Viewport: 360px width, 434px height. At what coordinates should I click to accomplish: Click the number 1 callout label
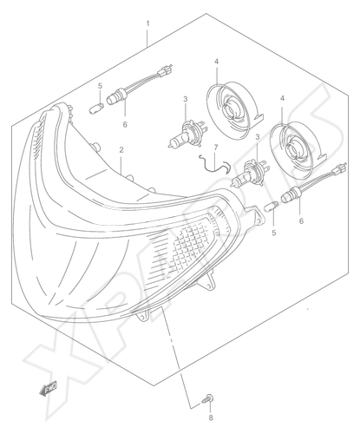[147, 23]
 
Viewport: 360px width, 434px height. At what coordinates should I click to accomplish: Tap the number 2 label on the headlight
[121, 150]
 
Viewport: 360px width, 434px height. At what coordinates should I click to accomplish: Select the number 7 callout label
[216, 148]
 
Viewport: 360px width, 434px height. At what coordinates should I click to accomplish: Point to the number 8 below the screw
[211, 418]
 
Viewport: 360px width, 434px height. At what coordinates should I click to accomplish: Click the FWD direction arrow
[48, 388]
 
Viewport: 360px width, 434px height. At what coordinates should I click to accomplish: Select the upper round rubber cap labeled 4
[234, 111]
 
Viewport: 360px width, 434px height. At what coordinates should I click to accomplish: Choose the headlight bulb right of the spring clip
[252, 174]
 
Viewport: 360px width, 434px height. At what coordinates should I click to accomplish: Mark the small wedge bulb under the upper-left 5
[96, 109]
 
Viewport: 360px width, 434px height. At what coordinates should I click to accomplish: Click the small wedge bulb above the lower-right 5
[272, 207]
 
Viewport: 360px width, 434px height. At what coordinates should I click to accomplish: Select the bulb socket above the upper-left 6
[116, 97]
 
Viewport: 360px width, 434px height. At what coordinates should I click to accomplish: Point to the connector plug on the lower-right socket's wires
[340, 168]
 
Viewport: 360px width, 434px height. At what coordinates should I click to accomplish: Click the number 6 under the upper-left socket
[125, 125]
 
